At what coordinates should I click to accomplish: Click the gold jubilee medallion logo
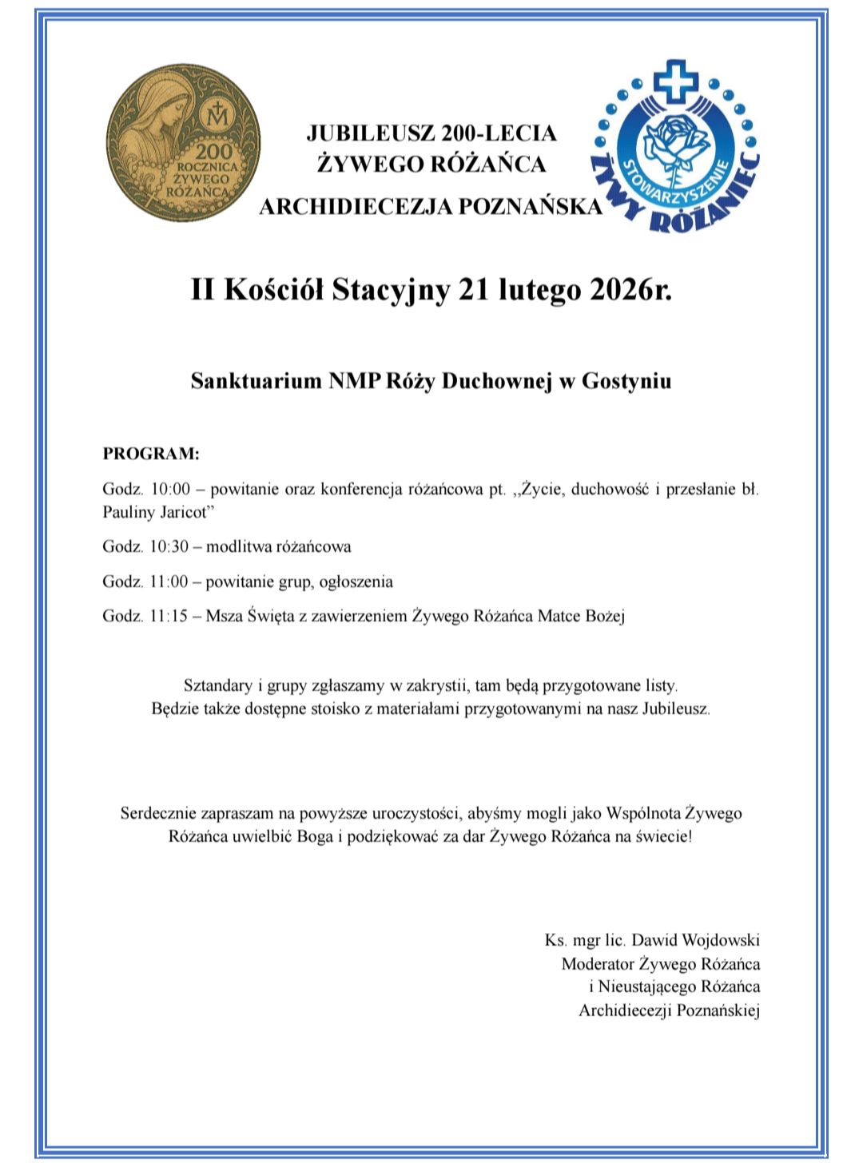[183, 145]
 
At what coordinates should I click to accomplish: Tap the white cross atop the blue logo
[675, 80]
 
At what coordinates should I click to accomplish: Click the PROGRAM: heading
[150, 454]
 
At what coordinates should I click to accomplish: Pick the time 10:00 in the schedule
[169, 489]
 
